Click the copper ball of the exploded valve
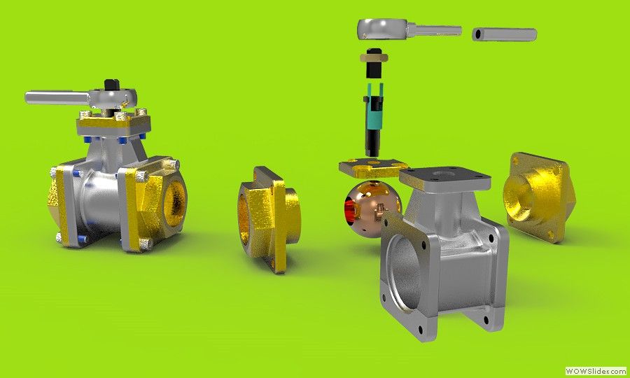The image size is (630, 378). (x=372, y=209)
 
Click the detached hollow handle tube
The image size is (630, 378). (x=504, y=34)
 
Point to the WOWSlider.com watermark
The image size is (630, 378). (x=596, y=371)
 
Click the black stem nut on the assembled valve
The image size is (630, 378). (x=113, y=85)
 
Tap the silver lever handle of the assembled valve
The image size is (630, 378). (x=57, y=97)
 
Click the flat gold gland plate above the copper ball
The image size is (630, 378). (x=374, y=167)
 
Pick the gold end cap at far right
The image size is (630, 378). (x=539, y=197)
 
